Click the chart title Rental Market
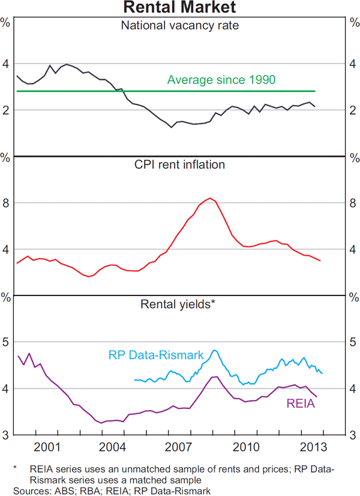tap(180, 8)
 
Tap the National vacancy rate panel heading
tap(180, 26)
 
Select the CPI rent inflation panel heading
tap(180, 165)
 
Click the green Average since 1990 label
tap(221, 80)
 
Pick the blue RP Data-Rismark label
tap(156, 355)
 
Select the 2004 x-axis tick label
tap(113, 447)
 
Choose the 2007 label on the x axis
tap(178, 447)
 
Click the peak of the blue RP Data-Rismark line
tap(215, 350)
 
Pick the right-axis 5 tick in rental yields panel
tap(353, 342)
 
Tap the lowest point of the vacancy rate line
tap(172, 127)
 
